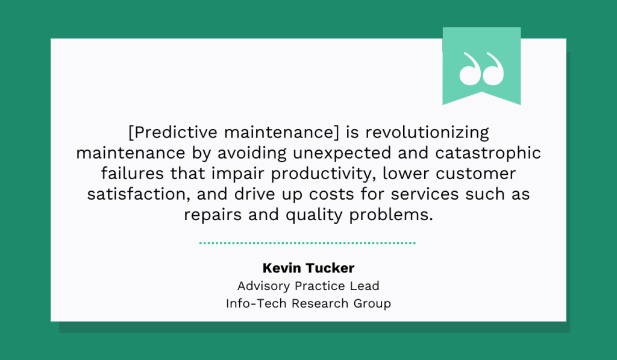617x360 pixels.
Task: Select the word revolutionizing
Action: point(427,133)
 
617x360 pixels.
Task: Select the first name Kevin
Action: point(280,268)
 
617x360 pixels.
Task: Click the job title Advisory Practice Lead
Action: point(308,286)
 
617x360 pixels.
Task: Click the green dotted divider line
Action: point(307,243)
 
